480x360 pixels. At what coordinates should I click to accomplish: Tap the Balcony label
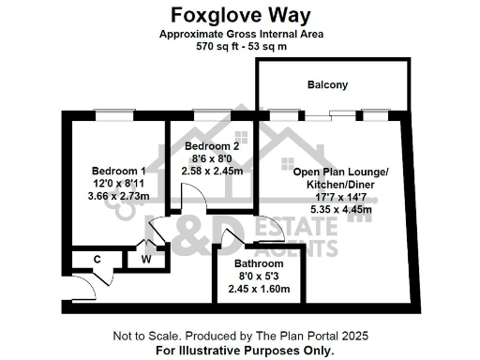click(x=328, y=85)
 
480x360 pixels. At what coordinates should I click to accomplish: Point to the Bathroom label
click(x=257, y=263)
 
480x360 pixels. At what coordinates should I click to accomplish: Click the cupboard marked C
click(x=97, y=259)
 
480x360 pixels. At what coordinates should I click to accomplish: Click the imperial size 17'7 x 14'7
click(x=338, y=198)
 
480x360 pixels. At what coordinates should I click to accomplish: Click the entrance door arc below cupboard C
click(x=101, y=279)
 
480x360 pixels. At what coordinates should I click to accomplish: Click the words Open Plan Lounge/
click(x=338, y=172)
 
